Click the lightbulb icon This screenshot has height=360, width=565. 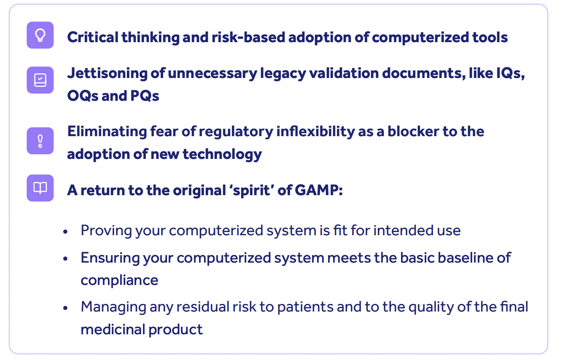tap(40, 35)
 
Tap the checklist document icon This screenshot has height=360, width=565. tap(40, 80)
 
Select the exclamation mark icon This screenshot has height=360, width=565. tap(40, 140)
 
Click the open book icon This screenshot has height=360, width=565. tap(40, 188)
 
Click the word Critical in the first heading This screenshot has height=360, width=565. tap(92, 37)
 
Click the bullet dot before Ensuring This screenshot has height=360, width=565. tap(65, 258)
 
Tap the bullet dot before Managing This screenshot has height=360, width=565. tap(65, 307)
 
